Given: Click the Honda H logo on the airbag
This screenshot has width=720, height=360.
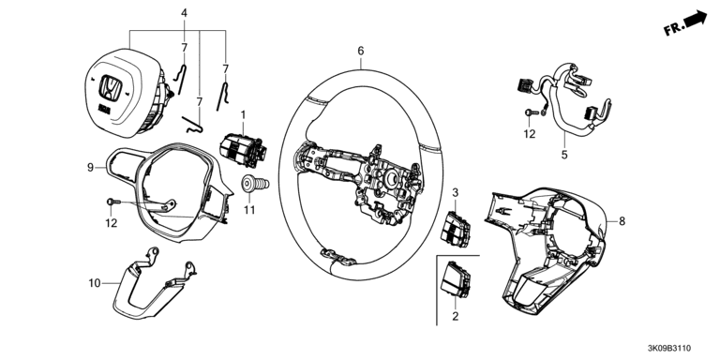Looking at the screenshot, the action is pos(111,88).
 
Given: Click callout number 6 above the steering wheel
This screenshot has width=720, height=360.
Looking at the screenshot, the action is pos(360,51).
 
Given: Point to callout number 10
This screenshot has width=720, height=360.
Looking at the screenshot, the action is pos(95,283).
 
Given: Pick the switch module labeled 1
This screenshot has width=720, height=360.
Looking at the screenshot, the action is pos(243,149).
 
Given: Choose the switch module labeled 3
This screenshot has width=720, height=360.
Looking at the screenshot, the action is pos(455,229).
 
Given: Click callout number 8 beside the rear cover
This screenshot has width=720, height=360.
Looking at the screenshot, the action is pos(622,221).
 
